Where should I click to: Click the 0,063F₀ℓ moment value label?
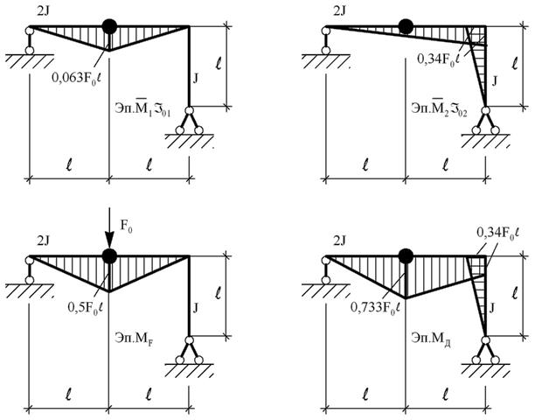77,79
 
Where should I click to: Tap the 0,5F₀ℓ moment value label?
85,308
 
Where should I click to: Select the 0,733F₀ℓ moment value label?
375,308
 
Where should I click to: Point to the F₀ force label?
126,226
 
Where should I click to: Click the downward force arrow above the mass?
109,227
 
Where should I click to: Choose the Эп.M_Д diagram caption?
431,339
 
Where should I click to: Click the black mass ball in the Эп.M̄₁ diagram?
109,26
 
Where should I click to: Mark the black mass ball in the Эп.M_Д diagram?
406,256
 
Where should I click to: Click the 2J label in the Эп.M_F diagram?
44,241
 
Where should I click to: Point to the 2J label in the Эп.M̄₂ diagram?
339,11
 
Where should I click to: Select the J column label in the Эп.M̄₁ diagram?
196,79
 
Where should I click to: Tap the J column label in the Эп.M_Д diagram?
492,309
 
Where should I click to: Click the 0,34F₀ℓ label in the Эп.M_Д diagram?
497,234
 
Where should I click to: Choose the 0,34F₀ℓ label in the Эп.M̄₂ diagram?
439,59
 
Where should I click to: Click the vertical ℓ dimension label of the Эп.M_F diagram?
219,293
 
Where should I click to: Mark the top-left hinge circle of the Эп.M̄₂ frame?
326,31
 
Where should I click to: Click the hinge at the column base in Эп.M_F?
189,340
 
